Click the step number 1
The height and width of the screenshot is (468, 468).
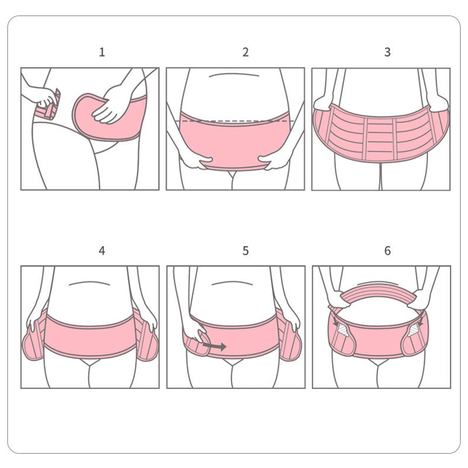click(102, 52)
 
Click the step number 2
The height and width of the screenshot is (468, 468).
click(245, 52)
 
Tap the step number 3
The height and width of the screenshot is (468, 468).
click(387, 52)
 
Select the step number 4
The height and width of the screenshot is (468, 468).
click(102, 251)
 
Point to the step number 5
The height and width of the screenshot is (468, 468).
click(245, 251)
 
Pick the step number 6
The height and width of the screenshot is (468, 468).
click(387, 251)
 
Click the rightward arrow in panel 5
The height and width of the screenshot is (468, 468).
click(214, 346)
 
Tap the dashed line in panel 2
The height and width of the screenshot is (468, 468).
click(236, 121)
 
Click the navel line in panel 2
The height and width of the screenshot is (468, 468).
click(233, 75)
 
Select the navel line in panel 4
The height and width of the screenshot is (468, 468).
click(90, 283)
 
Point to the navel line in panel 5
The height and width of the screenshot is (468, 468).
click(232, 283)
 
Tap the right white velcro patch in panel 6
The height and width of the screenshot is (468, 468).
click(414, 331)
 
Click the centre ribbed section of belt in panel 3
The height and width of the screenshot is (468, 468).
click(380, 139)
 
